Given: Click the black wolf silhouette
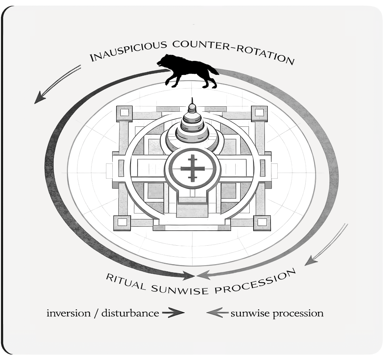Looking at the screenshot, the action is point(188,71).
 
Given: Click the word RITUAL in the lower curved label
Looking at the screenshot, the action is point(125,282).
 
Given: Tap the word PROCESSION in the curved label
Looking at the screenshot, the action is point(255,282).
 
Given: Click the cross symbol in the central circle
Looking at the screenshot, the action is point(192,169).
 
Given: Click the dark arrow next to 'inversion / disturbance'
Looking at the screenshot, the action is point(173,313).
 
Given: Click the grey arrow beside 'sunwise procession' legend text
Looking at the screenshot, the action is point(218,313).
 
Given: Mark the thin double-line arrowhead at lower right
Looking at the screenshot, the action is point(311,261).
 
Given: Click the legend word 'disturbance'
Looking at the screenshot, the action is point(130,313).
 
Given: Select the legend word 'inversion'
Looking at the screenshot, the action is point(68,313).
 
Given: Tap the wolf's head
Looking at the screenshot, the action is point(164,61).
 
